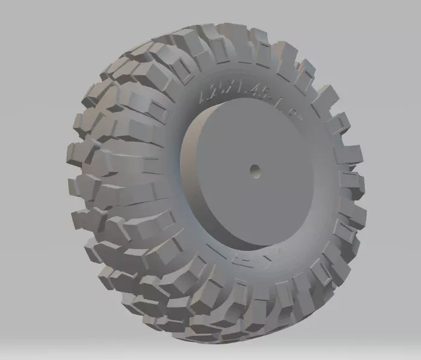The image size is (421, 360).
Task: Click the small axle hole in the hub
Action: pos(255,171)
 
